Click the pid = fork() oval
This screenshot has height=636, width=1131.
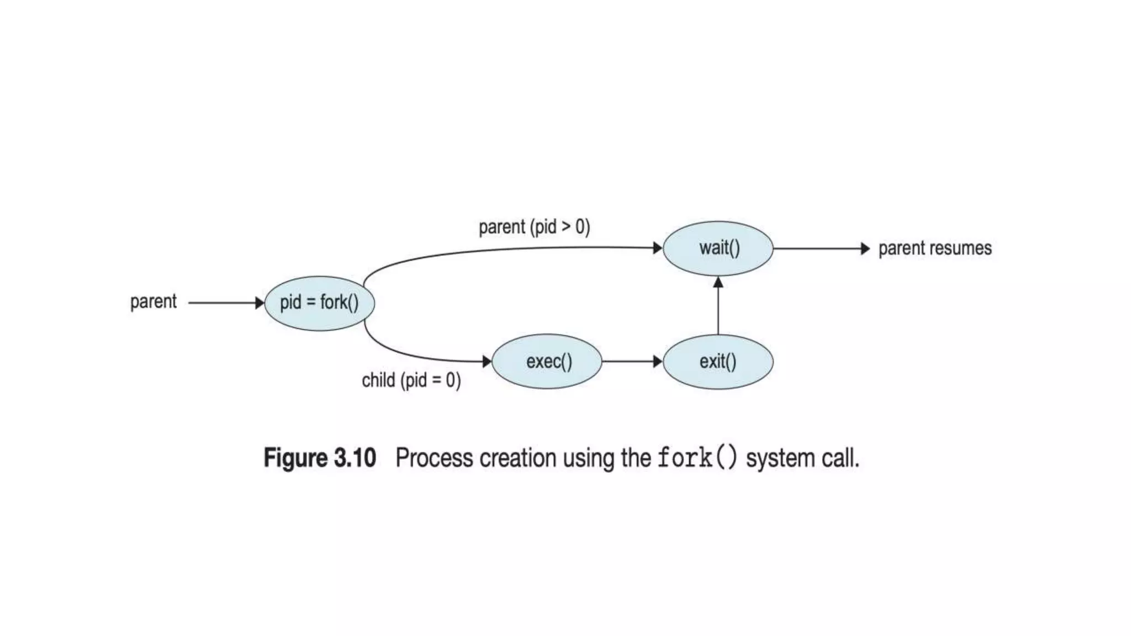click(319, 303)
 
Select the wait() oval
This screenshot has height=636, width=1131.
click(718, 248)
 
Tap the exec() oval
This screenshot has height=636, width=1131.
click(547, 362)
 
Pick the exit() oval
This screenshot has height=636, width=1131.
click(718, 362)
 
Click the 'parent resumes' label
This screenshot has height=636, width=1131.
click(934, 248)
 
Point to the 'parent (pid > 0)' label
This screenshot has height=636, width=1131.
click(534, 227)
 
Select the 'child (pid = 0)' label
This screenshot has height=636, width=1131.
click(411, 380)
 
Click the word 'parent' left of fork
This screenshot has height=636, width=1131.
click(153, 302)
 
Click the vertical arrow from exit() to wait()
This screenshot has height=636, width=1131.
click(718, 306)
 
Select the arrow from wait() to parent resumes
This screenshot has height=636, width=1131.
click(820, 248)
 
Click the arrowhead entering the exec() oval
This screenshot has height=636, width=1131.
click(487, 362)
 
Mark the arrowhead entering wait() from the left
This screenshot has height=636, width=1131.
click(657, 248)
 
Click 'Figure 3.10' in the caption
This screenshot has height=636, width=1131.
click(320, 458)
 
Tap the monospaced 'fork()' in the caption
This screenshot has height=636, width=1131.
click(697, 458)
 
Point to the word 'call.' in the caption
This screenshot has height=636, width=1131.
click(839, 458)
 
